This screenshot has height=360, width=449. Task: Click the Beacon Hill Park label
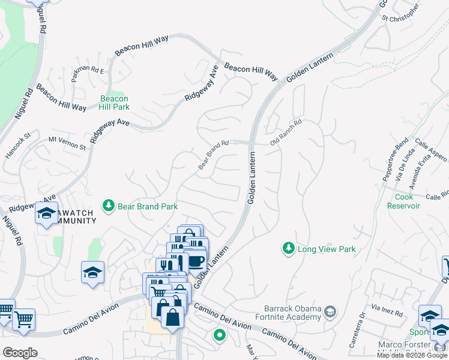point(114,103)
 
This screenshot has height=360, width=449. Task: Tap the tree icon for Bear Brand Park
point(109,206)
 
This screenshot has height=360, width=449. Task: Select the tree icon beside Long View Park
point(289,248)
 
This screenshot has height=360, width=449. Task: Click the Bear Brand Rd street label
point(214,154)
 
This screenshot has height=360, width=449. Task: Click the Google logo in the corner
point(20,353)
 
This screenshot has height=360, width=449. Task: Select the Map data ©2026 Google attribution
point(412,355)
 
